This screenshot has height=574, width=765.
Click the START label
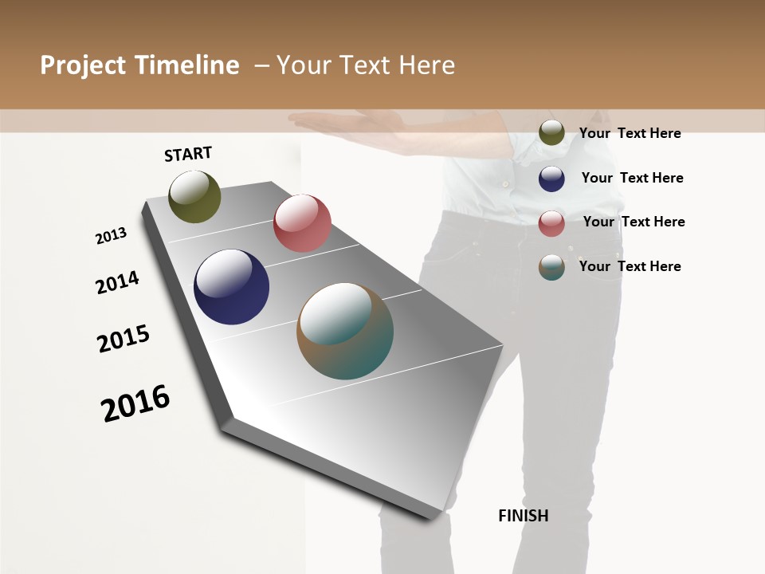[188, 154]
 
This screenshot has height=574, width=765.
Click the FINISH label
[524, 516]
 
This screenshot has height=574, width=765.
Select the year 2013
[111, 236]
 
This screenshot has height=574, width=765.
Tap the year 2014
[117, 282]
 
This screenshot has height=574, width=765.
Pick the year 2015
[124, 338]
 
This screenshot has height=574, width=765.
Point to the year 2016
[135, 403]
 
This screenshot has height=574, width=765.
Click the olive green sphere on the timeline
[194, 196]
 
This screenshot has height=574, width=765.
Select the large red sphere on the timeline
[302, 222]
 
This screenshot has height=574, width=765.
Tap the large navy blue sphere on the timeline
[231, 287]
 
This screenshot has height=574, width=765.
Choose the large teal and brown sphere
[345, 331]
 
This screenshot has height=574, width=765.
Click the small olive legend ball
[551, 133]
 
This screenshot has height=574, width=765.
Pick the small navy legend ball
[551, 179]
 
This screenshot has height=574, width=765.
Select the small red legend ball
[551, 223]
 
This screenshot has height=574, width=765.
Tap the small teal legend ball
[551, 267]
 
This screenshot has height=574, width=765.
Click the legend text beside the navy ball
[632, 178]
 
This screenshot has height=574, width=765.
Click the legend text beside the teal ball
[630, 266]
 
